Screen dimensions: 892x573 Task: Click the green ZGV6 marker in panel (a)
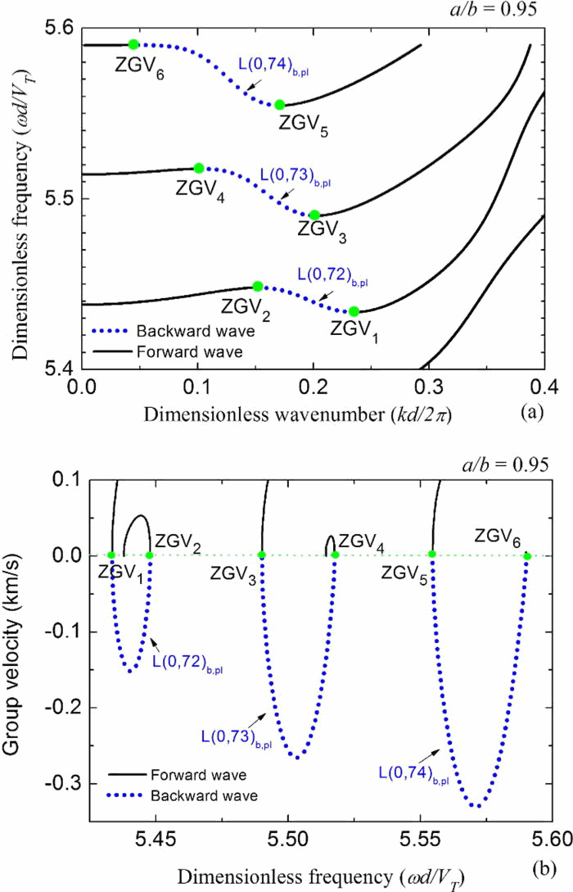(133, 44)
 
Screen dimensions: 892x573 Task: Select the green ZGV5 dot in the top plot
(279, 105)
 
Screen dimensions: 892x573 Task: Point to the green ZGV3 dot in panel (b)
(262, 555)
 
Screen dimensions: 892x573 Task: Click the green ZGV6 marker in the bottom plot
(527, 556)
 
